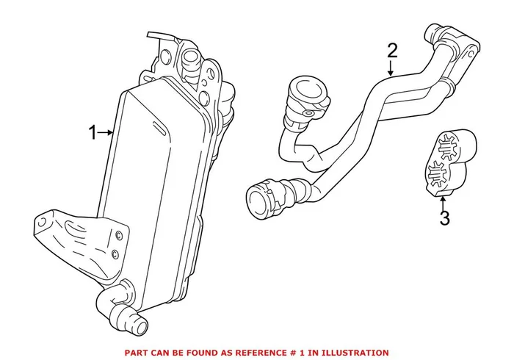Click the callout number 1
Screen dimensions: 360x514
pyautogui.click(x=93, y=133)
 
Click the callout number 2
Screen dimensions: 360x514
pyautogui.click(x=392, y=51)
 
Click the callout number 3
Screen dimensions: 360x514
pyautogui.click(x=443, y=218)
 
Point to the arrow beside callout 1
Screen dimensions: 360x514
pyautogui.click(x=107, y=133)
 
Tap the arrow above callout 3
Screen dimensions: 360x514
pyautogui.click(x=443, y=199)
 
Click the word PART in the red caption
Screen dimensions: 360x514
pyautogui.click(x=138, y=353)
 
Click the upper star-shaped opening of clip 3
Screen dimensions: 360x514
pyautogui.click(x=449, y=143)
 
